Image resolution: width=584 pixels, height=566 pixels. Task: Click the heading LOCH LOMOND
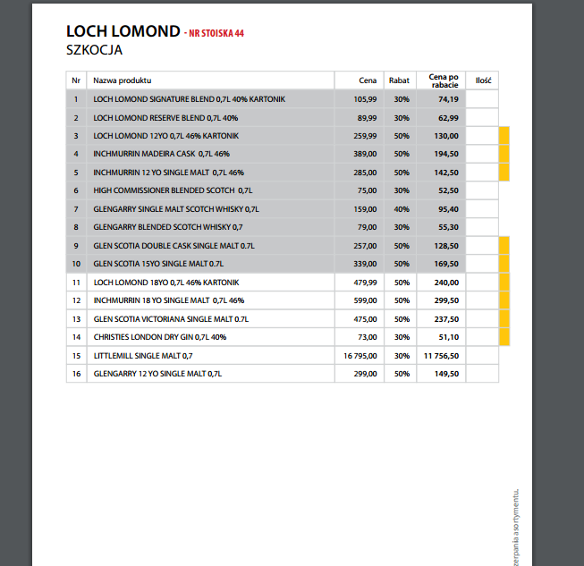pyautogui.click(x=123, y=31)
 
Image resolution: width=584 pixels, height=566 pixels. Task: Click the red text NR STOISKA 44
pyautogui.click(x=215, y=34)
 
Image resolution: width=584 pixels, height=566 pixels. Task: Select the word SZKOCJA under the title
pyautogui.click(x=94, y=50)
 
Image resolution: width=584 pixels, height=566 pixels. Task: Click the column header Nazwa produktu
pyautogui.click(x=123, y=80)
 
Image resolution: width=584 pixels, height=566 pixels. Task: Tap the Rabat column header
pyautogui.click(x=399, y=80)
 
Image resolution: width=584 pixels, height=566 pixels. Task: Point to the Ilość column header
pyautogui.click(x=483, y=80)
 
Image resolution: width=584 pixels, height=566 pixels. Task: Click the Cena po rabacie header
pyautogui.click(x=444, y=80)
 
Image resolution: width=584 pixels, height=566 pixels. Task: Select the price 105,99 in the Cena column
pyautogui.click(x=365, y=99)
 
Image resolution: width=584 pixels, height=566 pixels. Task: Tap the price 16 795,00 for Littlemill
pyautogui.click(x=360, y=355)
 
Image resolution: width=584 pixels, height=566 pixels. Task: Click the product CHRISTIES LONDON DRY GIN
pyautogui.click(x=160, y=337)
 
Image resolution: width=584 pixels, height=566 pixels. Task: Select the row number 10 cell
pyautogui.click(x=76, y=264)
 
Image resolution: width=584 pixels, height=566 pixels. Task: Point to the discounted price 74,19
pyautogui.click(x=448, y=99)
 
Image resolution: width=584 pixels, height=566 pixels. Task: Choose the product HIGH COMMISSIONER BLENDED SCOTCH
pyautogui.click(x=173, y=190)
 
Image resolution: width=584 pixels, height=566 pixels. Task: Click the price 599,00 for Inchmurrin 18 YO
pyautogui.click(x=365, y=300)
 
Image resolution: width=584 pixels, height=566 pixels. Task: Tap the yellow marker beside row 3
pyautogui.click(x=504, y=136)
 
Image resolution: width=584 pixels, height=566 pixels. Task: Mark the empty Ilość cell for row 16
pyautogui.click(x=482, y=374)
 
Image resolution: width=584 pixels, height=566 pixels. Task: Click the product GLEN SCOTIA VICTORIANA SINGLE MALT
pyautogui.click(x=170, y=318)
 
